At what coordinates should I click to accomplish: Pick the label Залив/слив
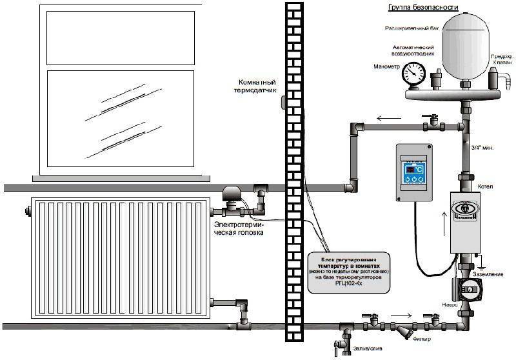coord(366,348)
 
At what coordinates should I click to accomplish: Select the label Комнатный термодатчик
coord(259,88)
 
